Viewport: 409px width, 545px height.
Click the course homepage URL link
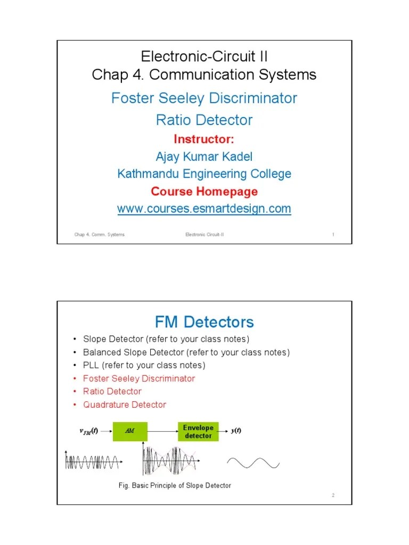click(204, 209)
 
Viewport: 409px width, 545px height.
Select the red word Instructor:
click(204, 139)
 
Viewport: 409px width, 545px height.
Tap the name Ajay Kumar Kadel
click(204, 156)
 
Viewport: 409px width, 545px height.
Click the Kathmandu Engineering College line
click(204, 174)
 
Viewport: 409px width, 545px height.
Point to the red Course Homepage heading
click(204, 191)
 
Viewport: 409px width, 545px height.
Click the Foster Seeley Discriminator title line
click(204, 98)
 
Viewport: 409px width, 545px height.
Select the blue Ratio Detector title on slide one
click(204, 120)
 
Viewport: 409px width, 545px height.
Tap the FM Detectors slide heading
click(204, 321)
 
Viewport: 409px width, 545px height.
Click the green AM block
click(129, 431)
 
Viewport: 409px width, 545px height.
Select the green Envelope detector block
click(198, 431)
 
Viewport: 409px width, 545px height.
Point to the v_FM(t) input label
click(88, 431)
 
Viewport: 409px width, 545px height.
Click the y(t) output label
click(236, 431)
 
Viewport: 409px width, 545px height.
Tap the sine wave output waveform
click(253, 463)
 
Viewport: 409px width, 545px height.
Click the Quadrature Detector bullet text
click(125, 404)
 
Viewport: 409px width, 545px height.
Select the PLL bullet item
click(144, 365)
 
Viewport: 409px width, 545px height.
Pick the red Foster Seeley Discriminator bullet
click(139, 378)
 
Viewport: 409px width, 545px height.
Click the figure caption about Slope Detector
click(174, 485)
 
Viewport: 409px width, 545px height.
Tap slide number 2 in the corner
click(333, 496)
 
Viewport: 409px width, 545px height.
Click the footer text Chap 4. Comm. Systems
click(100, 234)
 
